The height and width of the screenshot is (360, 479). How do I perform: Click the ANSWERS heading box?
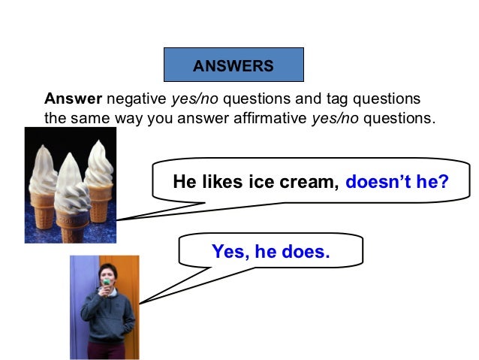tap(233, 65)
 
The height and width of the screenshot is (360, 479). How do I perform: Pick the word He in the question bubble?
tap(183, 182)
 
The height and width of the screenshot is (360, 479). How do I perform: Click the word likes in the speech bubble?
tap(218, 182)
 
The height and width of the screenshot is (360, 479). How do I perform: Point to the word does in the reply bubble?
tap(304, 252)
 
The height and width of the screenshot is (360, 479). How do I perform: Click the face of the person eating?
tap(107, 271)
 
